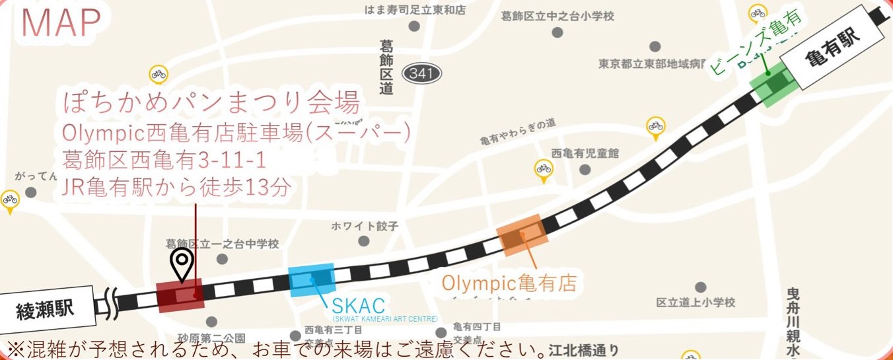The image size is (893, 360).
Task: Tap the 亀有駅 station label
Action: coord(833,48)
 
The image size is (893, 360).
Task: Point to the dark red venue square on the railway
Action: coord(180,295)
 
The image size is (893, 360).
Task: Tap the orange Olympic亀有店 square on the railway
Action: coord(522,234)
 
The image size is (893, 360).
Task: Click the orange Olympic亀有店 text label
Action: coord(509,283)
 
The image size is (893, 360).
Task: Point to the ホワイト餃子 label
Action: coord(365,226)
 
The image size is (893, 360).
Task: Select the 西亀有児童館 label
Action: coord(585,153)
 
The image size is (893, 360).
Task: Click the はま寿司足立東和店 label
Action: coord(415,10)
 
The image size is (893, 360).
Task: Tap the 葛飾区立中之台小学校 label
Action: coord(557,16)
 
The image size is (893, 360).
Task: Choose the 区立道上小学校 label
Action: coord(696,303)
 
